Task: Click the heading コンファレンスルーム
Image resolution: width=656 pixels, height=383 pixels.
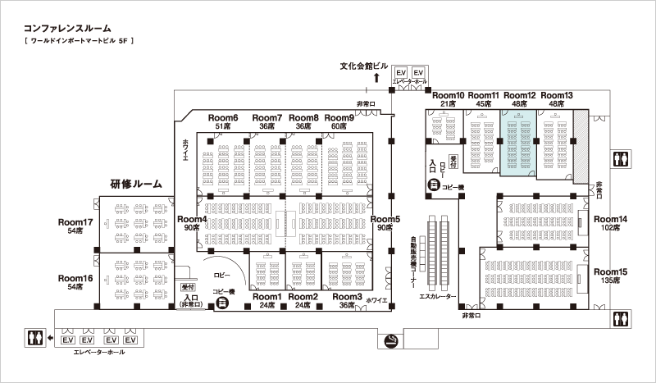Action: tap(67, 29)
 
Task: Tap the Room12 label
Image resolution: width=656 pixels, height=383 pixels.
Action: tap(520, 95)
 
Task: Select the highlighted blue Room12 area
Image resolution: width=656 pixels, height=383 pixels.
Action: tap(518, 143)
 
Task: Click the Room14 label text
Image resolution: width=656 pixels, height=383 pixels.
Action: tap(610, 219)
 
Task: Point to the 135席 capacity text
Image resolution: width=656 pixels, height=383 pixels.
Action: tap(610, 280)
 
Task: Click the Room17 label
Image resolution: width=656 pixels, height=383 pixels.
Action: tap(75, 222)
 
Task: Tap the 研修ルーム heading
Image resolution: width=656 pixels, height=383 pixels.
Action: tap(136, 184)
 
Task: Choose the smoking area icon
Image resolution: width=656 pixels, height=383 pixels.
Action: tap(391, 340)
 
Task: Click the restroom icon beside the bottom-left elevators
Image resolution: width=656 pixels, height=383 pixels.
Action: tap(34, 338)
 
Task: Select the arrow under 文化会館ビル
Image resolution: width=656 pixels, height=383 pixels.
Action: tap(376, 77)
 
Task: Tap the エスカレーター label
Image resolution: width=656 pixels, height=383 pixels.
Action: tap(437, 296)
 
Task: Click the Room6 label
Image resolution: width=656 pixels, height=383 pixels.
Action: tap(223, 118)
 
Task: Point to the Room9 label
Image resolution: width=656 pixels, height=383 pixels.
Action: tap(339, 118)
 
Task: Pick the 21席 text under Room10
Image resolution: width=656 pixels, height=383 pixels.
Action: tap(448, 104)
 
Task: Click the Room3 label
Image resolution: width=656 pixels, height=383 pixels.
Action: tap(347, 297)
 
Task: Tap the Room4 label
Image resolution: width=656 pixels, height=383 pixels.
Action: tap(192, 219)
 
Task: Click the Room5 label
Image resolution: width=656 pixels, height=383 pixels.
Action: tap(385, 219)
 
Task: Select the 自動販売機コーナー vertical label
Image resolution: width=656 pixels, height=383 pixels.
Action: tap(413, 262)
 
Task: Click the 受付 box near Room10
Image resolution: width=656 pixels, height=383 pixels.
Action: tap(453, 162)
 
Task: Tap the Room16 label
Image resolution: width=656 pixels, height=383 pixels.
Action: tap(75, 278)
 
